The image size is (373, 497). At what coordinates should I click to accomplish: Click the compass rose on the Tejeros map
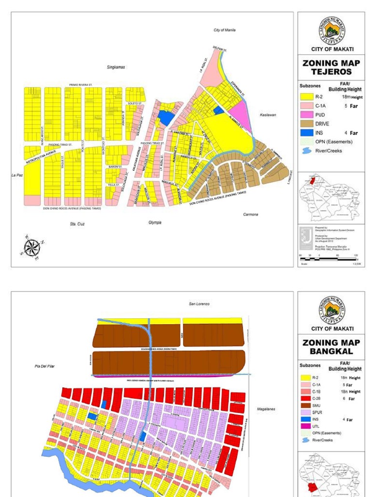click(x=32, y=248)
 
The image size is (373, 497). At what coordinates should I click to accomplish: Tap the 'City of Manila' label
click(x=224, y=30)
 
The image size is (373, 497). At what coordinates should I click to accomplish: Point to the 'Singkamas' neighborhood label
click(x=116, y=67)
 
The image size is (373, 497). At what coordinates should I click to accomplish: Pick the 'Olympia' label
click(x=154, y=222)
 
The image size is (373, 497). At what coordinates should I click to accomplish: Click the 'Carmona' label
click(x=251, y=214)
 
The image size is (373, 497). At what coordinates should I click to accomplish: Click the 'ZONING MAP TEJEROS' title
click(x=330, y=67)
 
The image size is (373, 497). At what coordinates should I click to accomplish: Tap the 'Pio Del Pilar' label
click(x=45, y=366)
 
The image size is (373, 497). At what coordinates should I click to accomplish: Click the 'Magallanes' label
click(x=266, y=409)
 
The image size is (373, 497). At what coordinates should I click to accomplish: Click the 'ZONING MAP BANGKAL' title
click(x=330, y=347)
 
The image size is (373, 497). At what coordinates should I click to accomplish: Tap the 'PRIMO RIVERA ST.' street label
click(x=81, y=84)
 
